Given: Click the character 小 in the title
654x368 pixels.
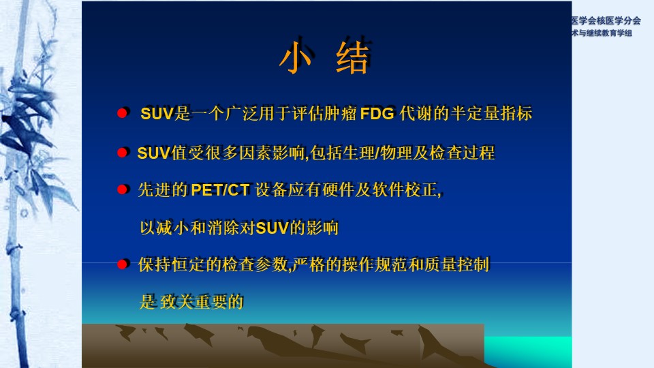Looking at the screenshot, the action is coord(295,57).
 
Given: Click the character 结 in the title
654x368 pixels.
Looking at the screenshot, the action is coord(352,57).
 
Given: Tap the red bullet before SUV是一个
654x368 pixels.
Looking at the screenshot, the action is coord(122,113).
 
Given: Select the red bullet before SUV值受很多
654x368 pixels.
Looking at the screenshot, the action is coord(122,153).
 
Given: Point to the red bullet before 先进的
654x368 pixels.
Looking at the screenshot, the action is coord(122,190).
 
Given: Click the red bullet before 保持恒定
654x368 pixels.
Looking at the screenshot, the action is coord(122,264).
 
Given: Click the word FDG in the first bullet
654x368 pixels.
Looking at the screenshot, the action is coord(377,114).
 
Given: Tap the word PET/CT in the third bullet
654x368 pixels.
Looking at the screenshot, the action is coord(220,190).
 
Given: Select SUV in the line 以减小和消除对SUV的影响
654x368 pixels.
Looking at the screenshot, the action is coord(272,228).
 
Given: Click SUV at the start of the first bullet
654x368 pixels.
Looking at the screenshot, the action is coord(157,114).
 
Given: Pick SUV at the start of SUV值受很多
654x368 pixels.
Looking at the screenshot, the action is coord(153,153).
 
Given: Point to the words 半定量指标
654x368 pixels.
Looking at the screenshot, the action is coord(491,114).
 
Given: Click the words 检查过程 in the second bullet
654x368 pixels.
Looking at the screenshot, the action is coord(462,153).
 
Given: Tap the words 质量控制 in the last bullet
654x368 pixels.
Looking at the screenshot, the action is coord(456,264).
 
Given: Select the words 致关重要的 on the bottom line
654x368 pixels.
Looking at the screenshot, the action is coord(202,302).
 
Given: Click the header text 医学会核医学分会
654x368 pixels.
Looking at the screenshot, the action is coord(606,20).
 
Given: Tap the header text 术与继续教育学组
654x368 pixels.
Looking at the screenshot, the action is coord(602,33).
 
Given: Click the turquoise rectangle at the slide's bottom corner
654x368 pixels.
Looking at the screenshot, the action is coord(528,352).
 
